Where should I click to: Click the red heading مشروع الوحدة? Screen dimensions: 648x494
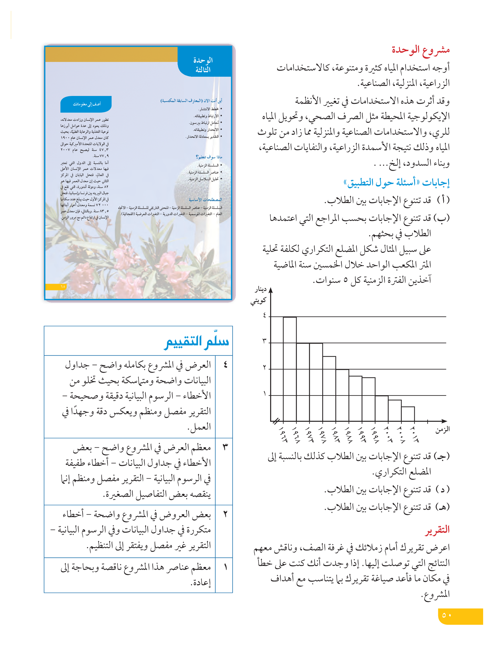coord(420,50)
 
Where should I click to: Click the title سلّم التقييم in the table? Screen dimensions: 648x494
coord(197,342)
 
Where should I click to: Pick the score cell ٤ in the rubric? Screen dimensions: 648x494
coord(225,365)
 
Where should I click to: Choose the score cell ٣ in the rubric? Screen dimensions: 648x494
coord(225,447)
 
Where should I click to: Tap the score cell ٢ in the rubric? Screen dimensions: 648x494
coord(225,514)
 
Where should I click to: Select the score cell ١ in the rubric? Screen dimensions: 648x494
coord(225,567)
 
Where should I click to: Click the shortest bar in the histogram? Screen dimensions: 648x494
coord(408,414)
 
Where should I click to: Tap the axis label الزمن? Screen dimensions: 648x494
coord(442,430)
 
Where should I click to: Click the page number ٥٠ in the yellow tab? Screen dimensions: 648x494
coord(446,615)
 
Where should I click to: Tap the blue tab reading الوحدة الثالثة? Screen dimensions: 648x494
coord(203,65)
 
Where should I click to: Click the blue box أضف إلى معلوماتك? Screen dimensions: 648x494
coord(86,104)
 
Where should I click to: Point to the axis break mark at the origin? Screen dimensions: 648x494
coord(276,421)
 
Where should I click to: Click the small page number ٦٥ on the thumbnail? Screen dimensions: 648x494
coord(63,286)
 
